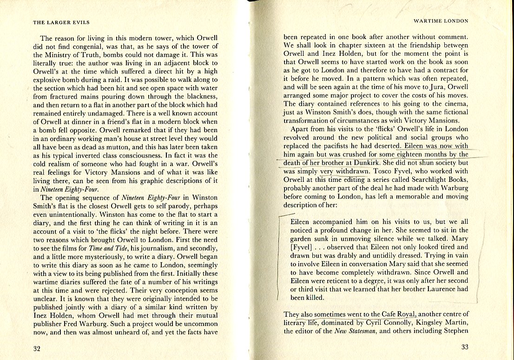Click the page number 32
point(37,348)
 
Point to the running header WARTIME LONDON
point(441,21)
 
